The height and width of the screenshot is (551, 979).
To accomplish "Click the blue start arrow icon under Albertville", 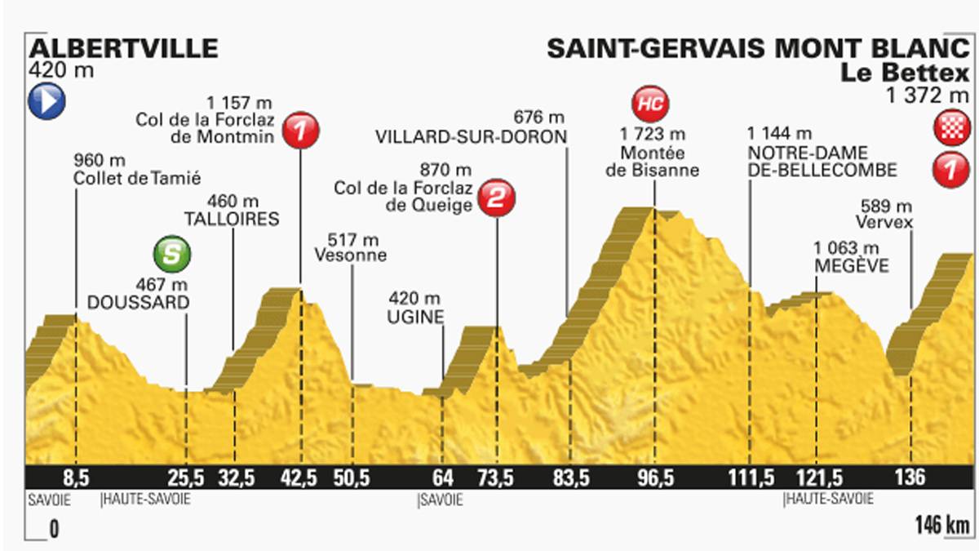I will (47, 101).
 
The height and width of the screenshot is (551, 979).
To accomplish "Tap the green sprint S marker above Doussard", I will (171, 254).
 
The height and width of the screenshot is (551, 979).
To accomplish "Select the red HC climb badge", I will (653, 104).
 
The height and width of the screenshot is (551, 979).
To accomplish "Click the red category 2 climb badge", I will (495, 197).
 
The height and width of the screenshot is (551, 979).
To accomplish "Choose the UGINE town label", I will (416, 316).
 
